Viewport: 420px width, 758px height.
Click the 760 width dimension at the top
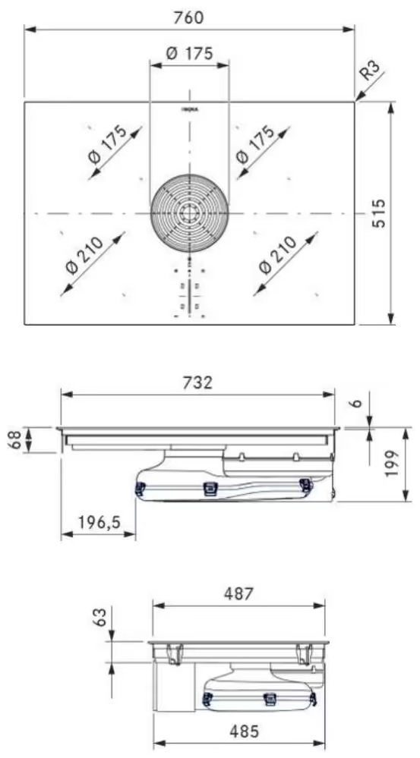189,17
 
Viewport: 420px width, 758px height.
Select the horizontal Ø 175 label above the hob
189,53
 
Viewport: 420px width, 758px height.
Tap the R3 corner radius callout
370,72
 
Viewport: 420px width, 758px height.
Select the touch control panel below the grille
189,292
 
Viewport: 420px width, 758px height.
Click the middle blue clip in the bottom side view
268,699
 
